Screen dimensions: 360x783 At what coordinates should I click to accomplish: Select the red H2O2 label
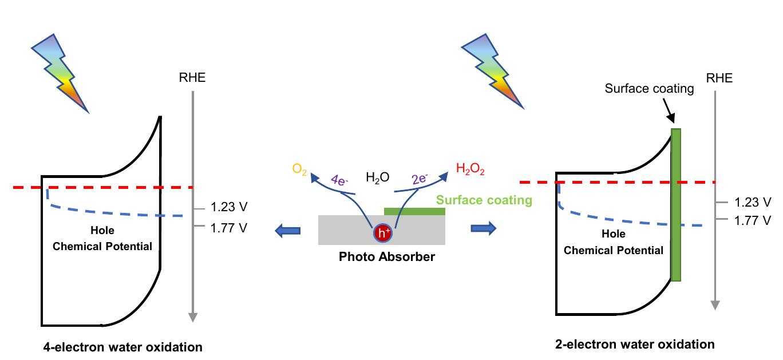click(471, 169)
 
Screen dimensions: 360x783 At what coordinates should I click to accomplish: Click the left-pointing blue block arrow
click(287, 230)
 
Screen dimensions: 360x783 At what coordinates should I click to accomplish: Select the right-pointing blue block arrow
click(483, 228)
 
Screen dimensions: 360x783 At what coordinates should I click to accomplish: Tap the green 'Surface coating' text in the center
click(484, 200)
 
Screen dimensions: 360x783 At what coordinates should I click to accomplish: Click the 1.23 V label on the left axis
click(228, 207)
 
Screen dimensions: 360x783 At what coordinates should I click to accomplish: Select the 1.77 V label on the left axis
click(228, 228)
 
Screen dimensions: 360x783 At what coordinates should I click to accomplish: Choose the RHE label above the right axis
click(719, 77)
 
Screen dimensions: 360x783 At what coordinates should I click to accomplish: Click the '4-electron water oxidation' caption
click(123, 347)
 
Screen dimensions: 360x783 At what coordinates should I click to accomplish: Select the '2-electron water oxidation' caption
click(635, 345)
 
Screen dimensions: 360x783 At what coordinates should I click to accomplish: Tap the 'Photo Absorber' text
click(386, 256)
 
